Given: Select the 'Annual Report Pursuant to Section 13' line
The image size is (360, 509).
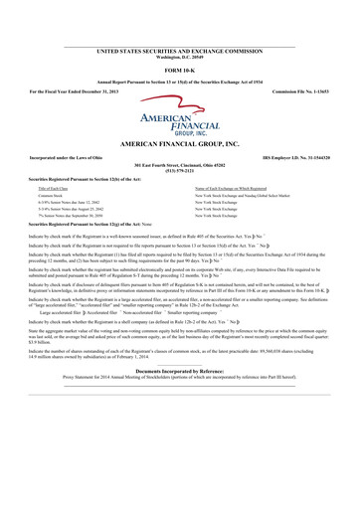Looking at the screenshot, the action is (179, 80).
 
